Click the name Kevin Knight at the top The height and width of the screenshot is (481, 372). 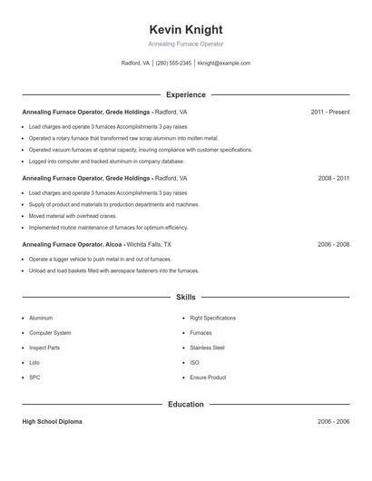[x=185, y=29]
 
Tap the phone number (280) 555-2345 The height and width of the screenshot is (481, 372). [x=173, y=64]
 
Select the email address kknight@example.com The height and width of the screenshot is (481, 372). [x=224, y=64]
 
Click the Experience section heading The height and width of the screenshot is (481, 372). [x=185, y=93]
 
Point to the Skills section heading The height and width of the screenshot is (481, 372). [x=185, y=297]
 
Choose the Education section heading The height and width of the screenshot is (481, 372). [x=185, y=404]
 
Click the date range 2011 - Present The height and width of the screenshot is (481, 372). [x=329, y=112]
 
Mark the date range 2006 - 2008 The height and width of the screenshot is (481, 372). [x=333, y=244]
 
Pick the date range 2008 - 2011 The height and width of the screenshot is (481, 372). [x=333, y=178]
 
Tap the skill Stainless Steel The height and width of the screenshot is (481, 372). [x=207, y=348]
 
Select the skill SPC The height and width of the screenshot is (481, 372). [x=34, y=377]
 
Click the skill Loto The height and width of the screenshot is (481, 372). [x=35, y=362]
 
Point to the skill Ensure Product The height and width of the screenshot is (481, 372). [x=208, y=377]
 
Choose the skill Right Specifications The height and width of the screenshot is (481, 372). [x=212, y=319]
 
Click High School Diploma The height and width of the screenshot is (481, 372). [x=52, y=422]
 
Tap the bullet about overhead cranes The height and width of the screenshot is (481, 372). [x=73, y=216]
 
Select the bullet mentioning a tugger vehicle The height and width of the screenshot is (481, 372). [x=100, y=259]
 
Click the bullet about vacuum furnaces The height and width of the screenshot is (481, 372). [x=140, y=150]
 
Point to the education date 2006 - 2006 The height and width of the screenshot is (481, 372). [x=333, y=422]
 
